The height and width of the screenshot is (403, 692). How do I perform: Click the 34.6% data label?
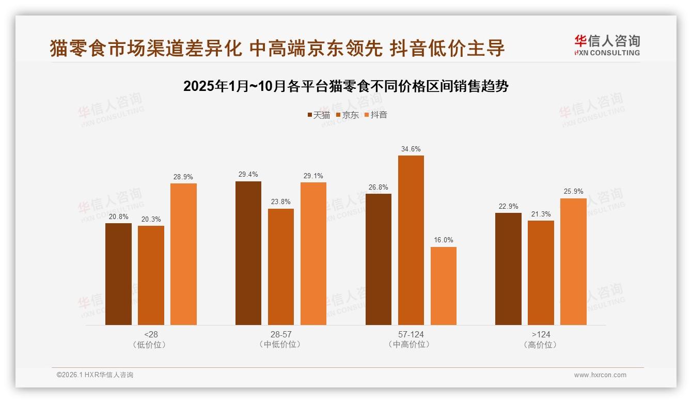[411, 149]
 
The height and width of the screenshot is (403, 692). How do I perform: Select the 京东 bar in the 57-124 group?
[411, 240]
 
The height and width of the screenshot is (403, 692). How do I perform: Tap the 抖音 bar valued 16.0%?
[443, 286]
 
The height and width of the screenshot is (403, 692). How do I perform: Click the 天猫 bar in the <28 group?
[118, 274]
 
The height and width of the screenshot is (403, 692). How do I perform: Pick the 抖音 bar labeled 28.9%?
[183, 254]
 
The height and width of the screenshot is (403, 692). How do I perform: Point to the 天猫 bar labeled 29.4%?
[248, 253]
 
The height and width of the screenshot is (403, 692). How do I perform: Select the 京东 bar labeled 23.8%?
[281, 267]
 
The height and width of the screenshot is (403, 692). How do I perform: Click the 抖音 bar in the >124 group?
[573, 261]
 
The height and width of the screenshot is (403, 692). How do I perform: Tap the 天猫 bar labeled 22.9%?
[508, 269]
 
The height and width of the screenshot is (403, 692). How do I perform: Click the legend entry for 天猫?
[319, 115]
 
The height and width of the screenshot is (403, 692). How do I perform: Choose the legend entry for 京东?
[348, 115]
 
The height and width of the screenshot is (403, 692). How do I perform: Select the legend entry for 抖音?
[376, 115]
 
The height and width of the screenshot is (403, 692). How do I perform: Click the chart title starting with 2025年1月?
[346, 86]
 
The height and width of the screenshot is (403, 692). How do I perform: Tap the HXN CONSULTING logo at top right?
[607, 45]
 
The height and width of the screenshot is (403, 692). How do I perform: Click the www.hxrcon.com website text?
[600, 375]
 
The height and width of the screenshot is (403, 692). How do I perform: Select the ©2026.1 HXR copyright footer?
[95, 375]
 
